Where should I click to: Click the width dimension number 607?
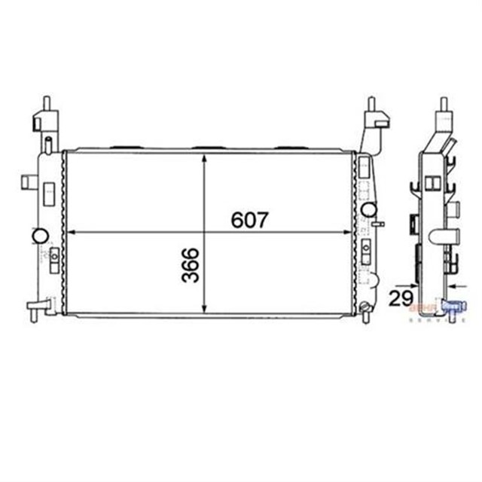tap(248, 220)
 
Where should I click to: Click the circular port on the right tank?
tap(369, 209)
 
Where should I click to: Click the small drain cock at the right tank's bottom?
tap(364, 307)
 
